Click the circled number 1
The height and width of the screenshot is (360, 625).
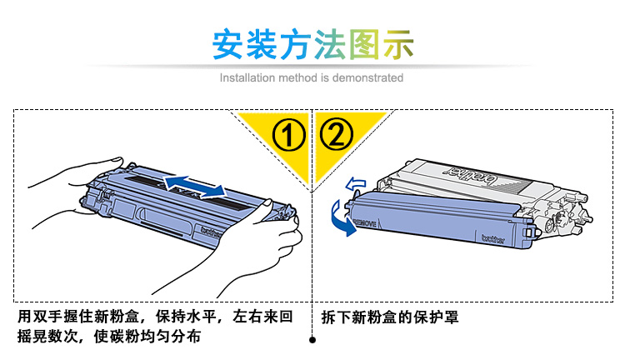288,135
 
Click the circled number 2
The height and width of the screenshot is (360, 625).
336,133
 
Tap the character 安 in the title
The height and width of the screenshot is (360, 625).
227,44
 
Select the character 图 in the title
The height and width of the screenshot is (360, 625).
364,45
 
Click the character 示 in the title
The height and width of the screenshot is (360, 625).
397,45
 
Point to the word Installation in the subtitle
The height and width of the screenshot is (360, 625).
247,77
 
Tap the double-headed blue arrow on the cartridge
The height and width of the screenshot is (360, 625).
195,187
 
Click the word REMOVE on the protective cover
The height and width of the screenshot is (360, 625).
365,222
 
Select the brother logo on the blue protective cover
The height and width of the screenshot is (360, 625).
493,239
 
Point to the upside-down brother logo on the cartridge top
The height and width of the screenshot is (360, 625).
472,176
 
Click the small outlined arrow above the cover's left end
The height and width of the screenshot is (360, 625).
355,184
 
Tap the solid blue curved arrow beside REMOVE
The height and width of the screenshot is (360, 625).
342,219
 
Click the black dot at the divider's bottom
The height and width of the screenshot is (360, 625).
312,340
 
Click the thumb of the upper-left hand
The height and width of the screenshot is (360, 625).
113,162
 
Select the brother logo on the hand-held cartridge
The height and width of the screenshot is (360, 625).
211,232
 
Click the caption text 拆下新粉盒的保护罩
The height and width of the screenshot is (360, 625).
390,317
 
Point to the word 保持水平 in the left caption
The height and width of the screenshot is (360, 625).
186,317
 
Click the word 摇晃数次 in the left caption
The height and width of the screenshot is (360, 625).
47,336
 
